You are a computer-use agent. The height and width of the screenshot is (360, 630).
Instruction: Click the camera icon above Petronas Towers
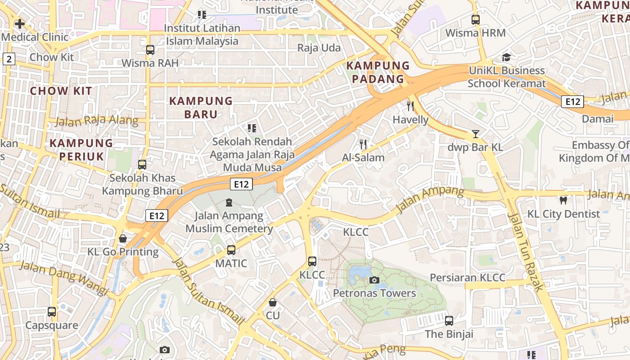pyautogui.click(x=374, y=280)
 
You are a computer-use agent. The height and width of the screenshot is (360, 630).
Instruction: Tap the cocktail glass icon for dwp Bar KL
pyautogui.click(x=475, y=134)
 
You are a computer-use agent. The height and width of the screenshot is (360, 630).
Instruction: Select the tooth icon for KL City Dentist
pyautogui.click(x=563, y=200)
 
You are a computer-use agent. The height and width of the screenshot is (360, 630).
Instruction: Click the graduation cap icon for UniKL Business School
pyautogui.click(x=507, y=58)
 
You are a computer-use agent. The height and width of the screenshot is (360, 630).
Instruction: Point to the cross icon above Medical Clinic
pyautogui.click(x=20, y=24)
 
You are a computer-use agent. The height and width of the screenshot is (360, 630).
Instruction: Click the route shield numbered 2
pyautogui.click(x=9, y=58)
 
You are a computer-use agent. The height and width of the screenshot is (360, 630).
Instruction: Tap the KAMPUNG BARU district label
pyautogui.click(x=201, y=108)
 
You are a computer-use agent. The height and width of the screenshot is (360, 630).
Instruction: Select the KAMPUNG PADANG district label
pyautogui.click(x=378, y=72)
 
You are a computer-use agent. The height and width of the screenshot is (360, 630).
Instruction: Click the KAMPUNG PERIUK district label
pyautogui.click(x=81, y=150)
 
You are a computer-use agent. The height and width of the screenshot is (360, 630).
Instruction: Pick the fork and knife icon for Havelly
pyautogui.click(x=410, y=106)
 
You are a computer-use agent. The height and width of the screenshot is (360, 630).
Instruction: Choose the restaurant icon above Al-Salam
pyautogui.click(x=363, y=144)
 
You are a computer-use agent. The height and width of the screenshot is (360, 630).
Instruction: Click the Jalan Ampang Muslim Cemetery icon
pyautogui.click(x=229, y=202)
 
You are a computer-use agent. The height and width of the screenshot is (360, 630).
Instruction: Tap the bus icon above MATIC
pyautogui.click(x=231, y=250)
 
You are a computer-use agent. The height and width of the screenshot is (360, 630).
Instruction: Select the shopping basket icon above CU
pyautogui.click(x=272, y=302)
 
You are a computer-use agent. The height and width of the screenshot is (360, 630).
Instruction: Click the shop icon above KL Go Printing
pyautogui.click(x=123, y=238)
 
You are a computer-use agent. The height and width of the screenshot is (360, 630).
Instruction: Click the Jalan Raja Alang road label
pyautogui.click(x=97, y=121)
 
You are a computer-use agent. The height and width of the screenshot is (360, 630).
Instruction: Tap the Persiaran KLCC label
pyautogui.click(x=468, y=278)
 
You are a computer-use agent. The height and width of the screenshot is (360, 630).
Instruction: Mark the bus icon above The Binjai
pyautogui.click(x=449, y=321)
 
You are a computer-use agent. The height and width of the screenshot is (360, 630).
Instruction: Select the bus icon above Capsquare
pyautogui.click(x=52, y=311)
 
